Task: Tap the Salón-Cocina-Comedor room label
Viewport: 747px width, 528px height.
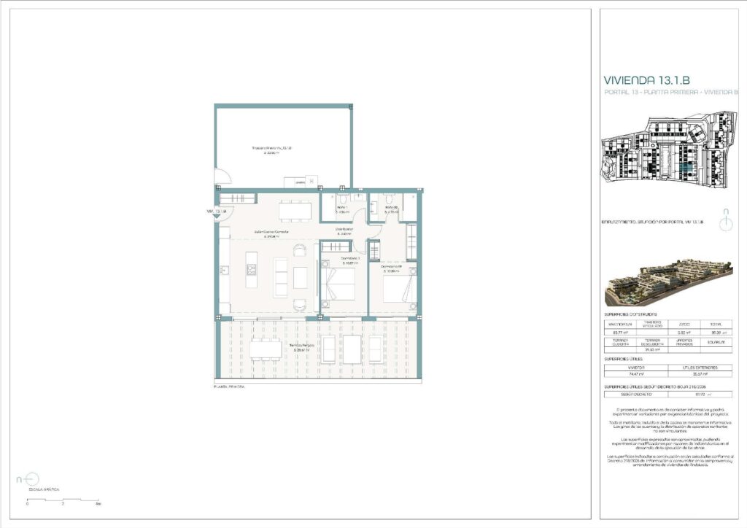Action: pyautogui.click(x=271, y=233)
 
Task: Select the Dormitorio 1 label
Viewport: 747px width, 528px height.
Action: pyautogui.click(x=352, y=260)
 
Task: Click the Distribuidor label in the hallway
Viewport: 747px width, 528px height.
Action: pyautogui.click(x=344, y=231)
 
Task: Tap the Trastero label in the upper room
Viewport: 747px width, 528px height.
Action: pyautogui.click(x=271, y=150)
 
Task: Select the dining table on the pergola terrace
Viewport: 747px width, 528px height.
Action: pyautogui.click(x=266, y=350)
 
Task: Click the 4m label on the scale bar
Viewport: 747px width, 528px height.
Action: pyautogui.click(x=98, y=504)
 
